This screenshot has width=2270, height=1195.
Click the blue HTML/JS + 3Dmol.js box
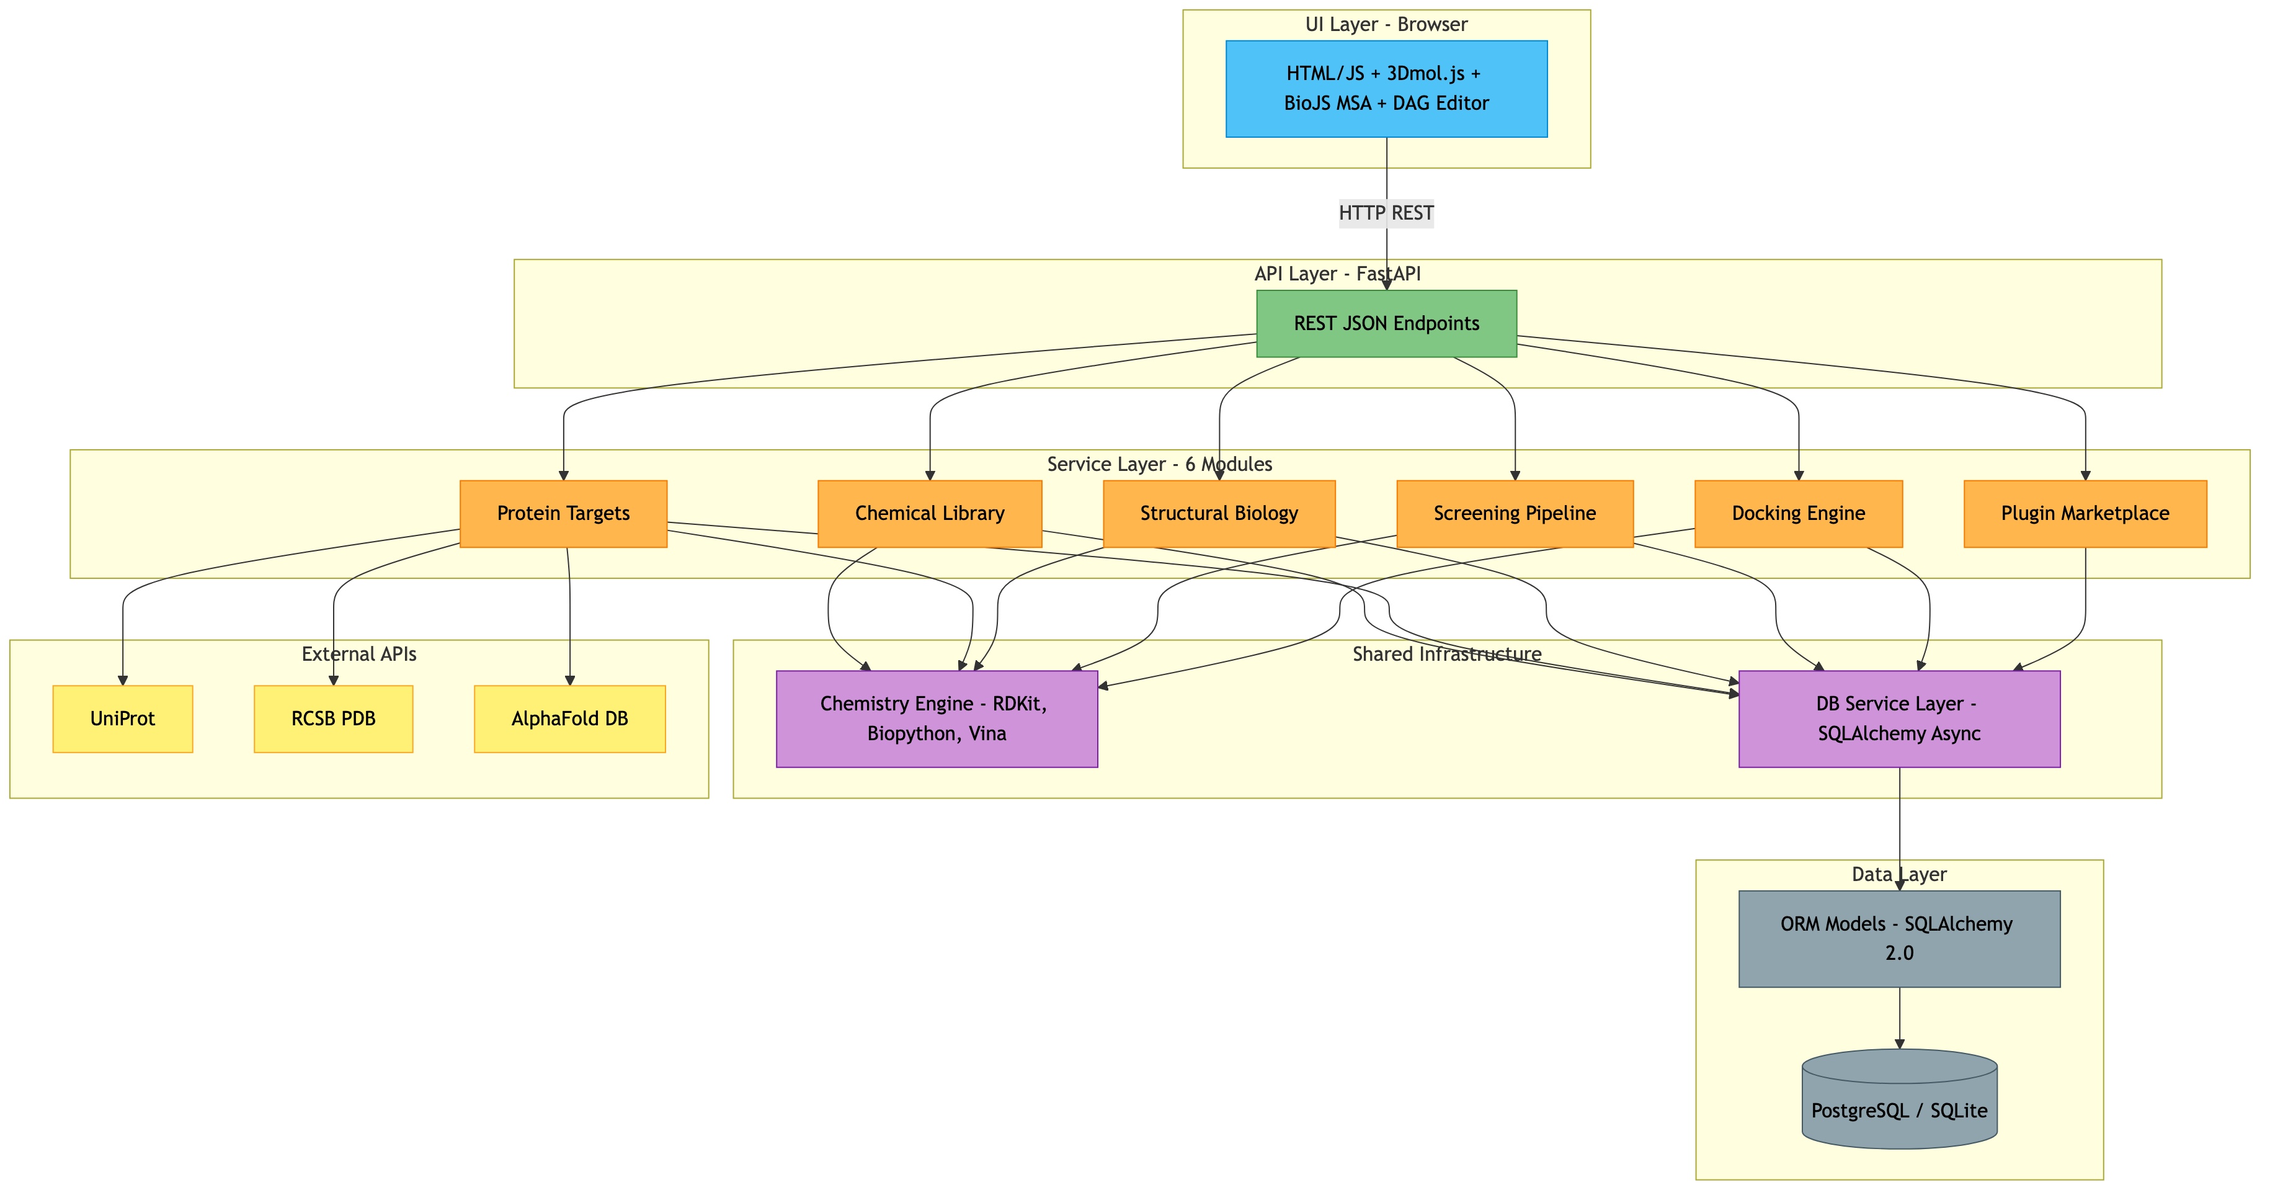pos(1386,88)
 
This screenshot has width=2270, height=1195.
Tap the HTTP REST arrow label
pos(1386,213)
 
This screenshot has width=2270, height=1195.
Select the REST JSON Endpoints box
pos(1386,323)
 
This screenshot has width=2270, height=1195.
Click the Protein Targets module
pos(563,514)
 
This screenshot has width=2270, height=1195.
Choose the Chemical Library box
pos(930,514)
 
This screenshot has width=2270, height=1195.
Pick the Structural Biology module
pos(1219,514)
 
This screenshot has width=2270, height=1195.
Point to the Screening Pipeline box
pos(1514,514)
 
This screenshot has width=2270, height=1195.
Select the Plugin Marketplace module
pos(2085,514)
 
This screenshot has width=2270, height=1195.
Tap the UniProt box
pos(122,718)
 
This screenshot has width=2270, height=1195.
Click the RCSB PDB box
pos(333,718)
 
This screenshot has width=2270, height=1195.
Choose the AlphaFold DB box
pos(569,718)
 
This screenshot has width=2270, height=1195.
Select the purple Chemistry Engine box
pos(936,718)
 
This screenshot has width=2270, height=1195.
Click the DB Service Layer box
pos(1899,718)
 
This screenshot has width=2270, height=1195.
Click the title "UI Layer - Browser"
pos(1386,25)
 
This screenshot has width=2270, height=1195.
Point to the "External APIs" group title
pos(358,654)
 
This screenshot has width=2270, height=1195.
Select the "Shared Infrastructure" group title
pos(1447,654)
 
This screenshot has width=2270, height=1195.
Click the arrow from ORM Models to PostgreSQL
pos(1899,1018)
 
